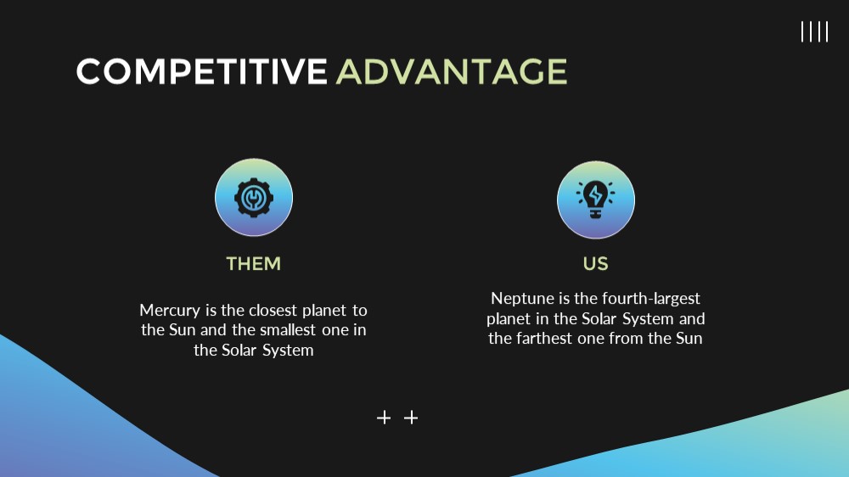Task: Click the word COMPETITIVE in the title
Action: coord(202,71)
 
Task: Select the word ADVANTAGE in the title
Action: coord(452,71)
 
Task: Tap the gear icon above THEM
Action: coord(254,198)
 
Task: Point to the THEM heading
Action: coord(253,264)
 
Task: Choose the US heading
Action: coord(596,264)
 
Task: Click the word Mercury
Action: coord(170,311)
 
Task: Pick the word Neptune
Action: coord(522,299)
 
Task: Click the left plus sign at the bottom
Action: coord(384,418)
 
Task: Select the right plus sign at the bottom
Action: coord(411,418)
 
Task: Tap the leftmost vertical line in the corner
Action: coord(802,32)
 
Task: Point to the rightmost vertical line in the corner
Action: coord(827,32)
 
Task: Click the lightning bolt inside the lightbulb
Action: coord(596,195)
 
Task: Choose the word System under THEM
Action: coord(288,351)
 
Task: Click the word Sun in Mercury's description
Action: coord(182,329)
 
